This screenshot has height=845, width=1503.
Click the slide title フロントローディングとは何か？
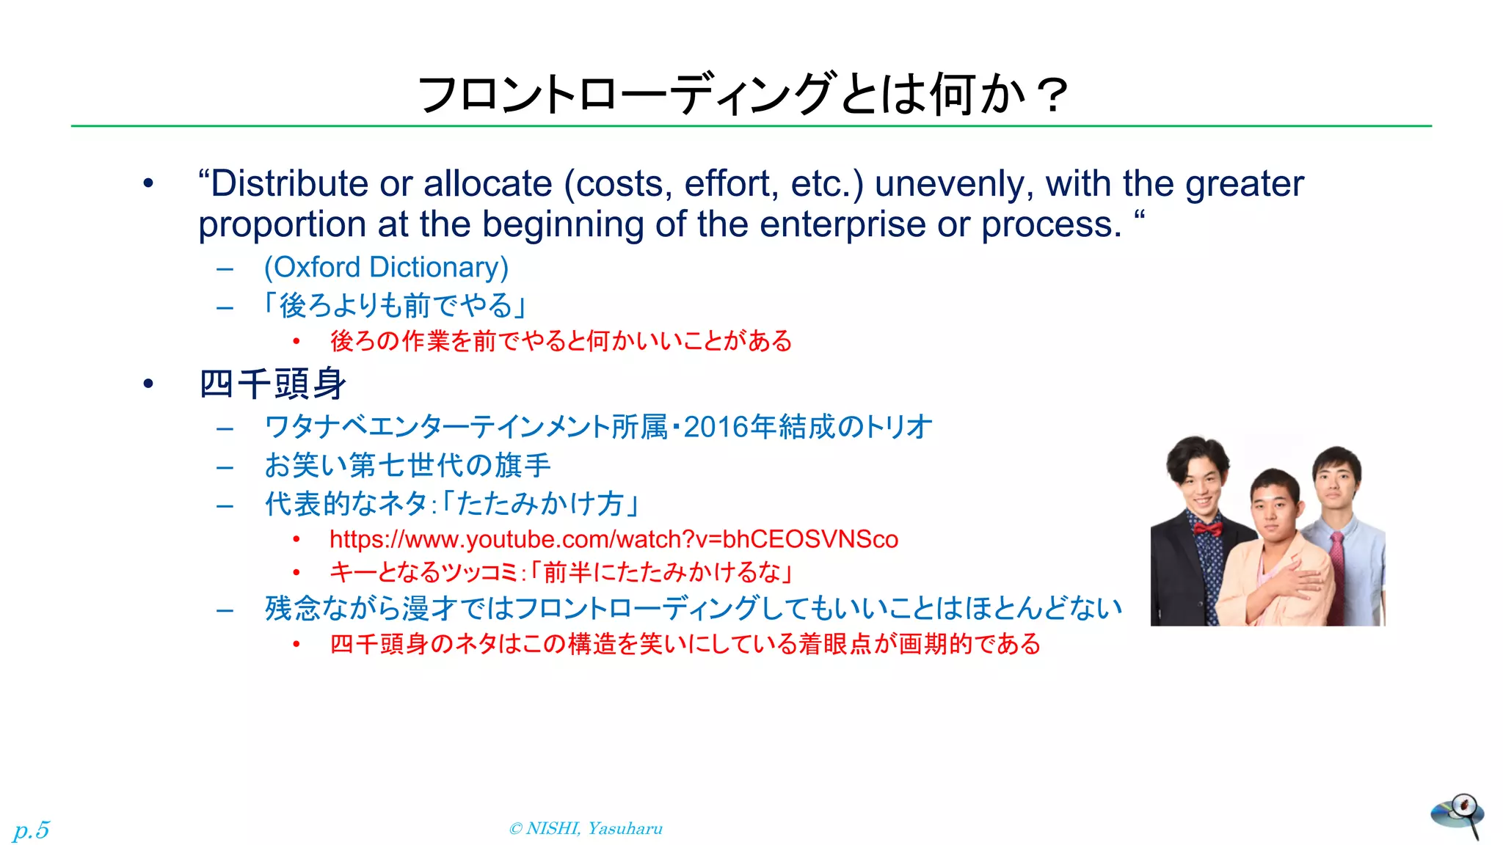click(x=741, y=95)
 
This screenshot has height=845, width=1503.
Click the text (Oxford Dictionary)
click(x=386, y=267)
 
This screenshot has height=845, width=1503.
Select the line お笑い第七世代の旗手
click(x=407, y=465)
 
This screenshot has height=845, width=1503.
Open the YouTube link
click(x=614, y=539)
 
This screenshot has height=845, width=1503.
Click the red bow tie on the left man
click(x=1207, y=528)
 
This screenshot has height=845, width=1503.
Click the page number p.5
click(x=31, y=830)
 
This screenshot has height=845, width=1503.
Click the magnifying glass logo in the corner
click(x=1457, y=815)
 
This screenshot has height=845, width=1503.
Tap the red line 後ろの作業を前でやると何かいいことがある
click(x=561, y=341)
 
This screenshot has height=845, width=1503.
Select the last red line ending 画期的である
click(x=685, y=644)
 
